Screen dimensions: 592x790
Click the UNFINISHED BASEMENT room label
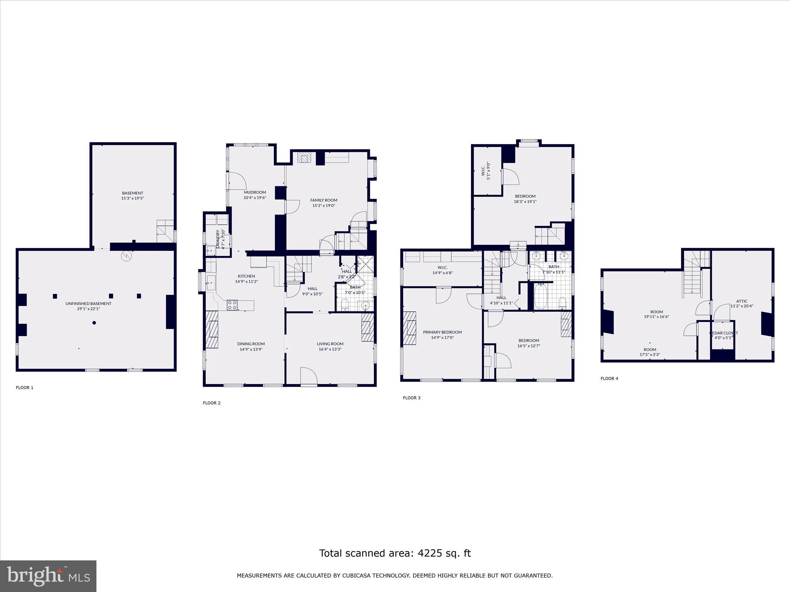(88, 303)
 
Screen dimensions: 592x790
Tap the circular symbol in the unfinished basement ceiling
(127, 256)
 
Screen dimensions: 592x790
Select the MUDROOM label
(255, 192)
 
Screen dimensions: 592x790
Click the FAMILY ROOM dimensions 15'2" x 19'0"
(324, 205)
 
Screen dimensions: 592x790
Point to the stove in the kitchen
(232, 305)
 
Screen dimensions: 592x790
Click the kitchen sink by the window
(211, 283)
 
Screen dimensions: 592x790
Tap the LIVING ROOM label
(330, 344)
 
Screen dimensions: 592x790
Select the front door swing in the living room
(308, 376)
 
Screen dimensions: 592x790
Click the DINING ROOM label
(251, 344)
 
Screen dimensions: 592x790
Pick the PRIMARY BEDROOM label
(442, 332)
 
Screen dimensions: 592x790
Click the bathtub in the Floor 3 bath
(541, 296)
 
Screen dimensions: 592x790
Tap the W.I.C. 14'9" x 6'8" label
(442, 270)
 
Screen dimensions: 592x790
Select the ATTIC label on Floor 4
(741, 301)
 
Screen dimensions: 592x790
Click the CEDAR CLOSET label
(723, 333)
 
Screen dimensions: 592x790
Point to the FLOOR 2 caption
(211, 403)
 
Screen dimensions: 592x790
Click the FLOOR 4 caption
(609, 378)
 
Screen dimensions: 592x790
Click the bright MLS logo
(48, 576)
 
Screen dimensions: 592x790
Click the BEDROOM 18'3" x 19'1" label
(525, 196)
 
